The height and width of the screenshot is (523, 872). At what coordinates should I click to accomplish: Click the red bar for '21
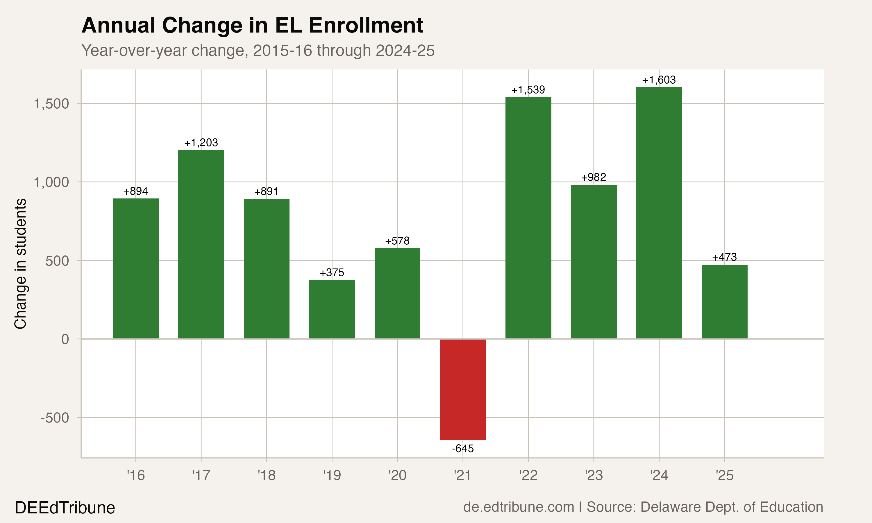click(463, 389)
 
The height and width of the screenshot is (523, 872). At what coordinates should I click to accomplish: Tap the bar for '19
click(332, 309)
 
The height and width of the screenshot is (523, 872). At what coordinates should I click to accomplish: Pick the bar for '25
click(724, 302)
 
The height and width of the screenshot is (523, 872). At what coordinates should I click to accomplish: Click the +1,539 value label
click(528, 90)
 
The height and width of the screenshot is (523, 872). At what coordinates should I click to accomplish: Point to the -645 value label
click(463, 449)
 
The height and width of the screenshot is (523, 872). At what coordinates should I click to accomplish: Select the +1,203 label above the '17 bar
click(201, 143)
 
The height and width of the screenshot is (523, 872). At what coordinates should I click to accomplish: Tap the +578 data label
click(397, 241)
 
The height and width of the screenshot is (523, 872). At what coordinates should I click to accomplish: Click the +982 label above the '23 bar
click(594, 177)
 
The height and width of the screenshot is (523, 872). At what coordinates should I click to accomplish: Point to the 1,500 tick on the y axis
click(51, 104)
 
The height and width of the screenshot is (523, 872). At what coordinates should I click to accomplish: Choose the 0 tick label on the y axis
click(65, 339)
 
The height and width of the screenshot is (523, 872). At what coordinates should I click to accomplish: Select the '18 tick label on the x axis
click(267, 476)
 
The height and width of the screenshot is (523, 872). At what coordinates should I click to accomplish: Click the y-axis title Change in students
click(20, 264)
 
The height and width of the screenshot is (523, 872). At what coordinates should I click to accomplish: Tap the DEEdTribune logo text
click(65, 508)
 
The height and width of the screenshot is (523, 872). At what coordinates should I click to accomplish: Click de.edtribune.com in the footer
click(519, 507)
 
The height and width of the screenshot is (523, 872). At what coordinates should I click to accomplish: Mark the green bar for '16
click(136, 268)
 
